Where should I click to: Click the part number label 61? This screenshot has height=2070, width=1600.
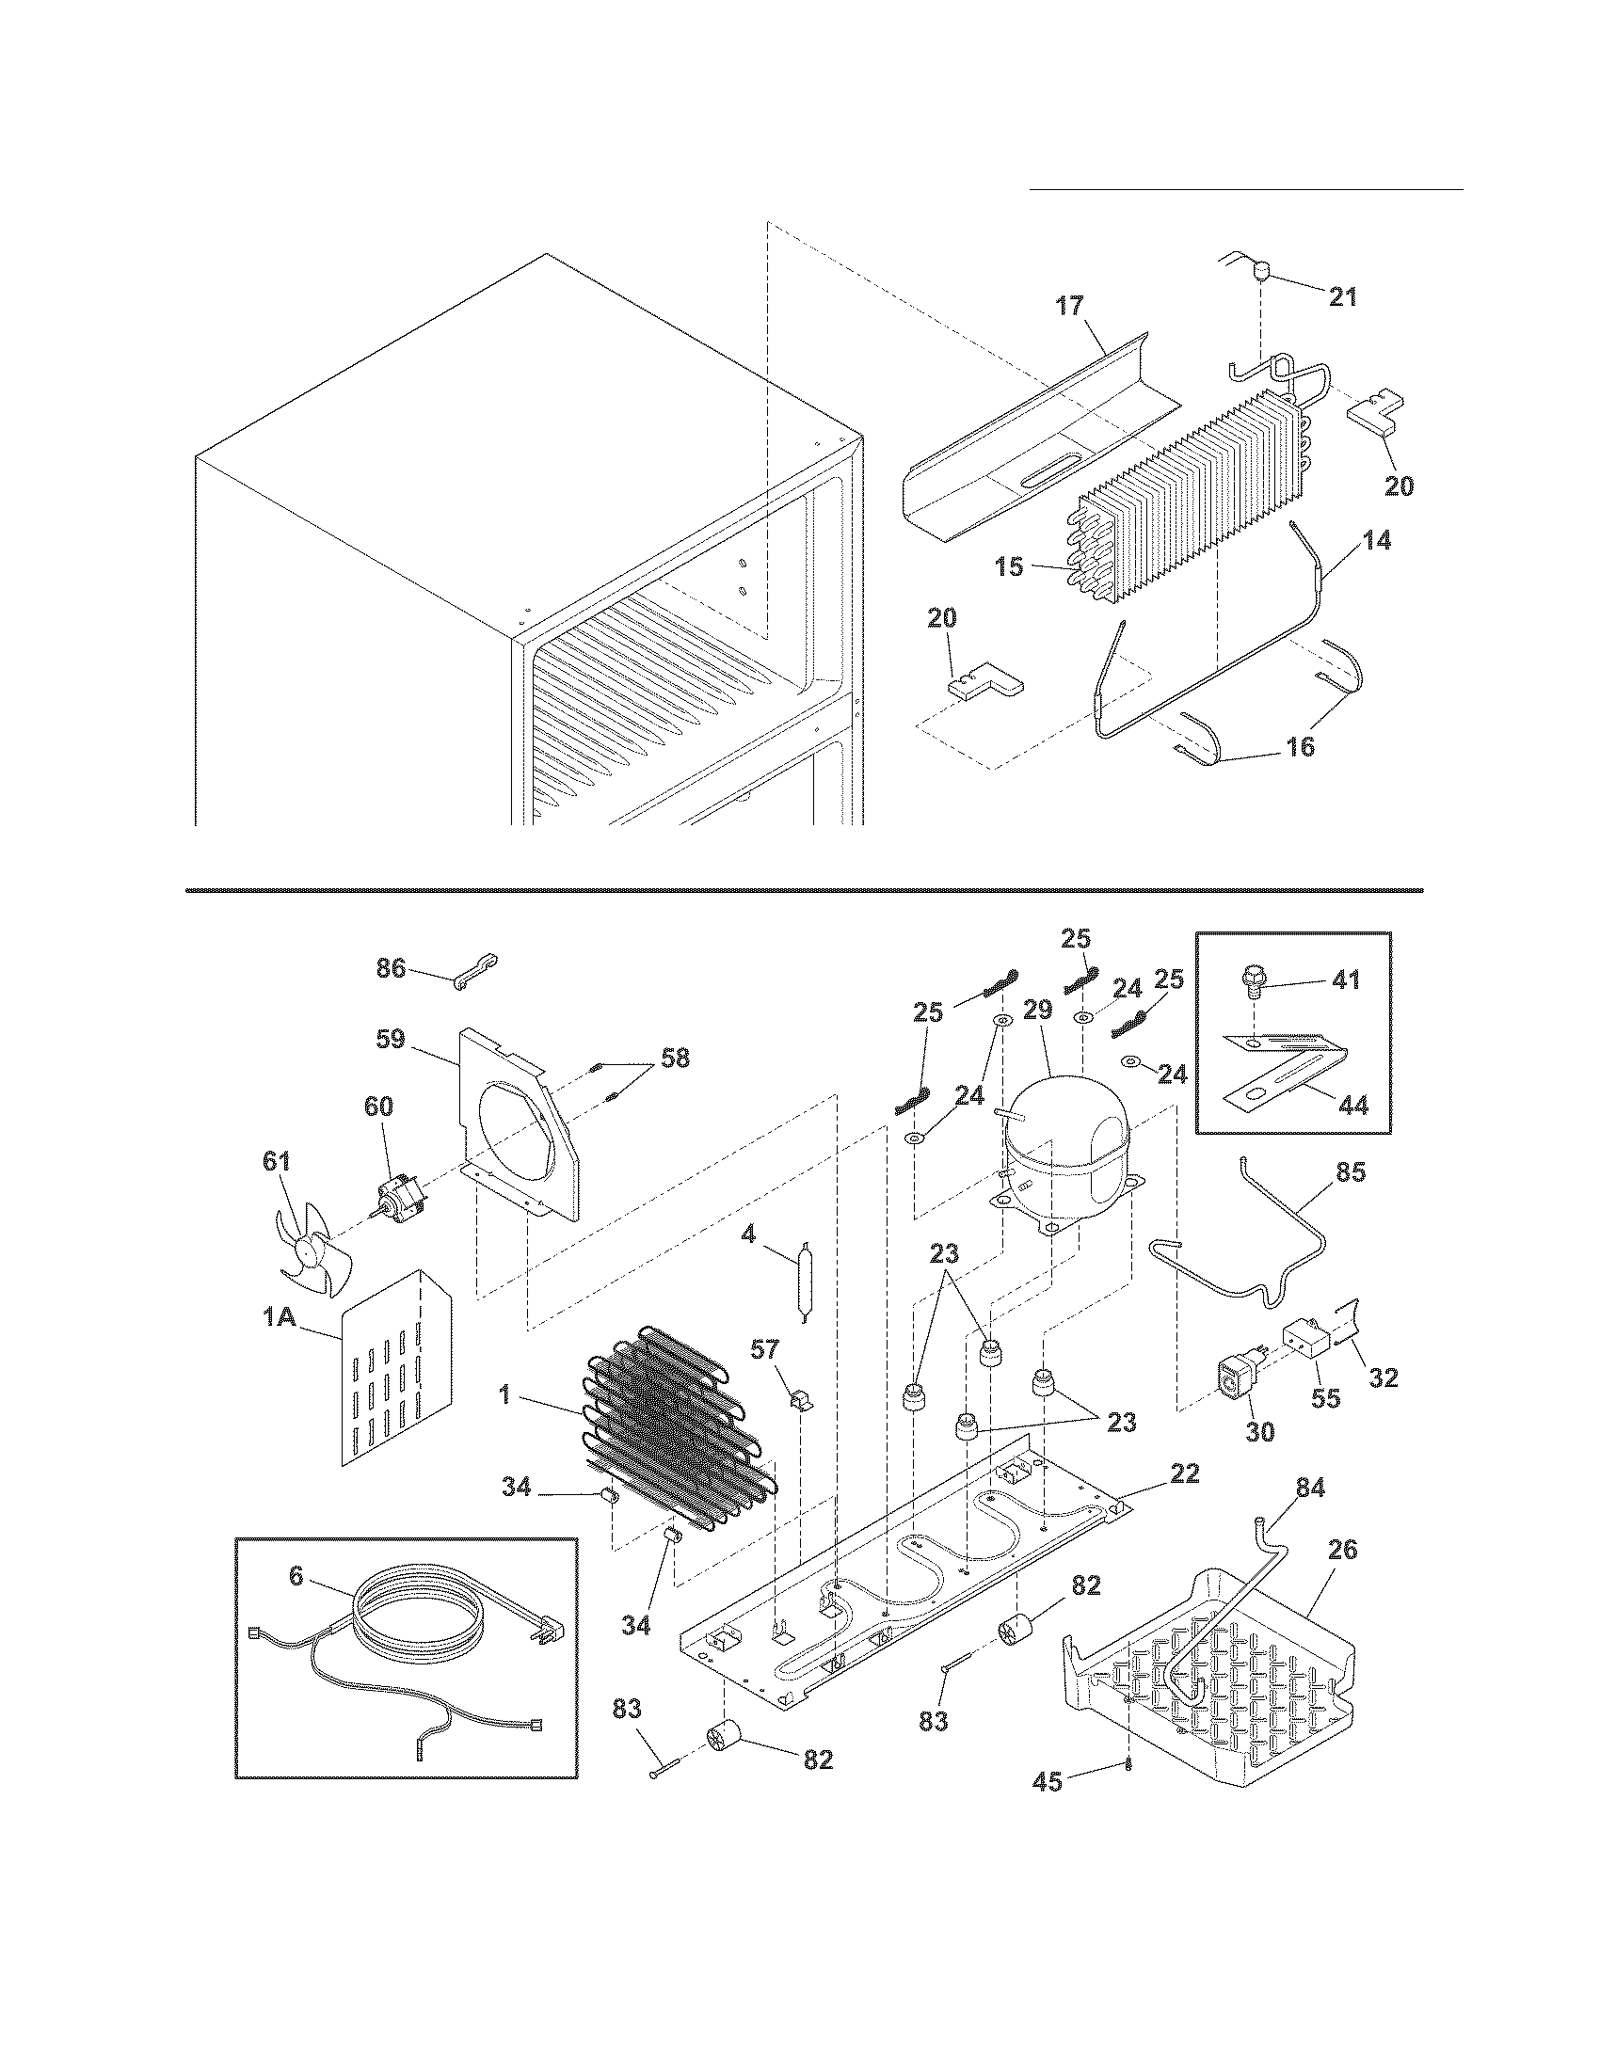click(x=277, y=1161)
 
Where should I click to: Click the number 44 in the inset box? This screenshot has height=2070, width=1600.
click(x=1354, y=1105)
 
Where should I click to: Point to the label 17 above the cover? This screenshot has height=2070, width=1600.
click(x=1069, y=306)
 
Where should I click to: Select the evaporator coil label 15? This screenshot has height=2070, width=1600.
click(x=1010, y=566)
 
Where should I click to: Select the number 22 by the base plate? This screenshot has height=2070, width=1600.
click(x=1184, y=1473)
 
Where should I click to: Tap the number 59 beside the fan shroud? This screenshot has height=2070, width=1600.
click(x=390, y=1039)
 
